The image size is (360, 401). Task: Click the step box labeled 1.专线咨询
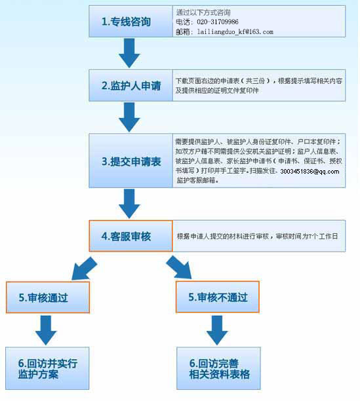point(130,22)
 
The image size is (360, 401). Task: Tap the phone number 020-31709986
point(218,22)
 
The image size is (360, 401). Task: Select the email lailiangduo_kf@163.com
point(235,31)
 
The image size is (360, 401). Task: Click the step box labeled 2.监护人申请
point(130,85)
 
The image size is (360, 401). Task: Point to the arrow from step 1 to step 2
point(129,53)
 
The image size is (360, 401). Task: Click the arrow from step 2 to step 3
point(129,117)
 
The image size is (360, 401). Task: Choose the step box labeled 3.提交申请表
point(130,161)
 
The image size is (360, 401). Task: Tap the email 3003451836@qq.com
point(310,172)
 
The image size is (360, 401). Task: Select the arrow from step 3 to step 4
point(129,204)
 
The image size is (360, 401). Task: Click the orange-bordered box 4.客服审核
point(130,236)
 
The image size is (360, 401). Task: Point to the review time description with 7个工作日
point(257,237)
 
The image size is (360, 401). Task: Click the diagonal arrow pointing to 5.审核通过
point(84,269)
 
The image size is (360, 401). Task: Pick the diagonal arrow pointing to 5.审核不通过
point(179,267)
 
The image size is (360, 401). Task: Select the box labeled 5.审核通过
point(48,297)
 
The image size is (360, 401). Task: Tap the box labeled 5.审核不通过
point(218,297)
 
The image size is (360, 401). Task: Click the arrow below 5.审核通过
point(46,330)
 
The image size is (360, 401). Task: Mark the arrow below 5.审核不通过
point(217,330)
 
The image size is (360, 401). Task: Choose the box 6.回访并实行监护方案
point(47,368)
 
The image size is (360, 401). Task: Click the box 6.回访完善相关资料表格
point(218,368)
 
